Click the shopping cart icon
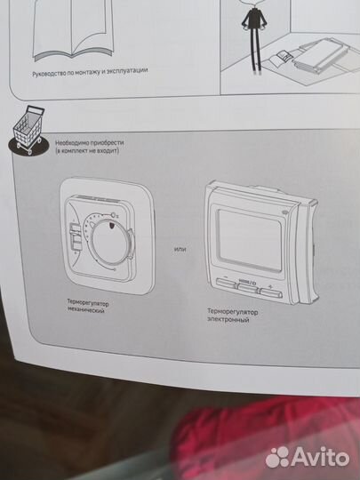click(28, 131)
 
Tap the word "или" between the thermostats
click(180, 249)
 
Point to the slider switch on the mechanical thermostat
click(75, 236)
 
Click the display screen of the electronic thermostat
click(250, 239)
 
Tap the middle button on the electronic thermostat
click(248, 288)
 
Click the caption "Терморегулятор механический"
click(88, 307)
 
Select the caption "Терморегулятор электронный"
click(233, 316)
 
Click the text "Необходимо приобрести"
click(90, 143)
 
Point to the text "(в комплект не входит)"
click(87, 151)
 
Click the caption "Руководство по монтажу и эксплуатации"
click(90, 72)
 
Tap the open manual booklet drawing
click(73, 29)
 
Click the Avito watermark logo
click(307, 457)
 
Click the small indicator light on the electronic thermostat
click(284, 211)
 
